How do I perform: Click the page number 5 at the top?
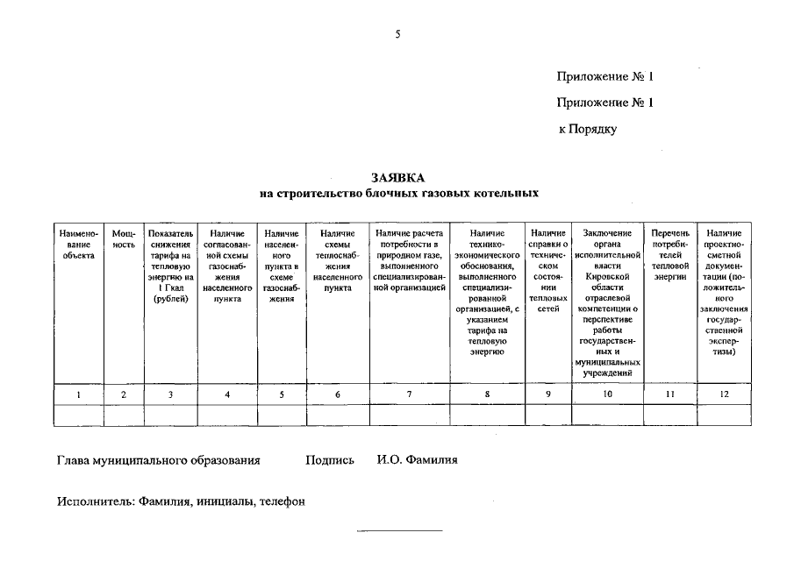[397, 34]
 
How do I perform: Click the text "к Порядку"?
[588, 129]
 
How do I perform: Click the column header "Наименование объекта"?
[78, 239]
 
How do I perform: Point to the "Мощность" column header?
[124, 239]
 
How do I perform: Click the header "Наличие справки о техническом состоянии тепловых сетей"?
[547, 271]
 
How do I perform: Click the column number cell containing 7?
[409, 394]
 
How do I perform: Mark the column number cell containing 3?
[170, 394]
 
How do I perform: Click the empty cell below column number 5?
[281, 415]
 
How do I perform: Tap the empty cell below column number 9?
[547, 415]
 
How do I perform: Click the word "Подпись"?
[330, 459]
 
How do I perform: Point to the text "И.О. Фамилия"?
[418, 459]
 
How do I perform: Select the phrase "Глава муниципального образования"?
[159, 459]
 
